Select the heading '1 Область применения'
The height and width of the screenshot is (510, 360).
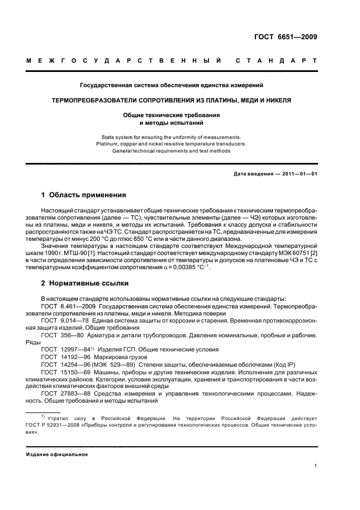coord(84,195)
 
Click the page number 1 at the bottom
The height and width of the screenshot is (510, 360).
coord(316,466)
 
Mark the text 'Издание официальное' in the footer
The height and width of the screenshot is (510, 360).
coord(57,454)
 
